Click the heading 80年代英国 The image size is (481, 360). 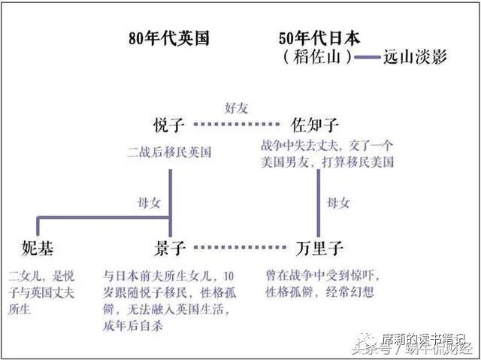(x=168, y=38)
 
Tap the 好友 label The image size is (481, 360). (x=237, y=106)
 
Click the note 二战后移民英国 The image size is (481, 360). (x=169, y=152)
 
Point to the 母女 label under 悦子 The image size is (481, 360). (x=149, y=201)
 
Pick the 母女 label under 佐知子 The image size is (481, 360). (x=337, y=202)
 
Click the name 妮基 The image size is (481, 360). (x=38, y=247)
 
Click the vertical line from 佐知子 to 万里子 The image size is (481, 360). (x=318, y=203)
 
